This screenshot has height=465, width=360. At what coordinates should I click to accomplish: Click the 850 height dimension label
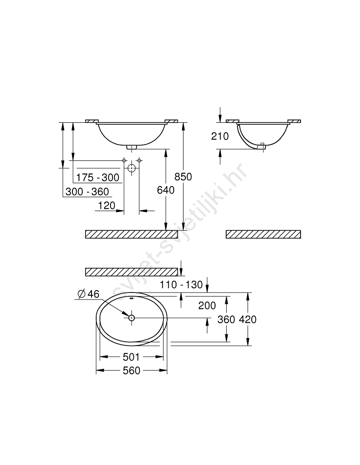[183, 177]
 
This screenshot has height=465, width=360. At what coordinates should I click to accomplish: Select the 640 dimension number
[166, 190]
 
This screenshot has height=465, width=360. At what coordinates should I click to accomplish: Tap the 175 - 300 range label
[98, 177]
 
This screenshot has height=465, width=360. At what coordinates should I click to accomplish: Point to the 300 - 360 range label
[87, 192]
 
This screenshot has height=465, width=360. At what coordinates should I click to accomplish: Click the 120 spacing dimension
[106, 205]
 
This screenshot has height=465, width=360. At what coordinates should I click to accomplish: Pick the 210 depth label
[220, 136]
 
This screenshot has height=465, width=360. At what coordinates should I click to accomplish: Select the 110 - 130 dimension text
[181, 285]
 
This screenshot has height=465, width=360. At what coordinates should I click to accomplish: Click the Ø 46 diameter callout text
[88, 294]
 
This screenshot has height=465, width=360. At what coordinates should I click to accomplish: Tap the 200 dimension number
[207, 306]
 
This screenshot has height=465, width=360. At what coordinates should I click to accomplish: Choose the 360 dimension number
[226, 319]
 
